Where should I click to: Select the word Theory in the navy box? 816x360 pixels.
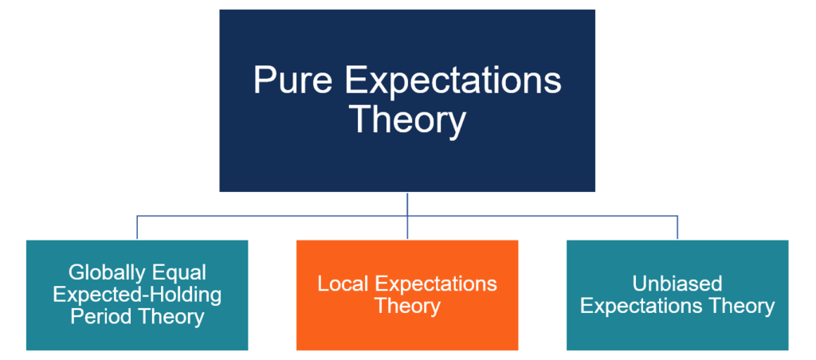407,119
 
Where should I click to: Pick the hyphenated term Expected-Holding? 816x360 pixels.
137,295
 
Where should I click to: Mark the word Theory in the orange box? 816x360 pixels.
407,306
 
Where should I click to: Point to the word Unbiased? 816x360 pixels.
677,284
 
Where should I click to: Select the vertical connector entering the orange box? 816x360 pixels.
407,228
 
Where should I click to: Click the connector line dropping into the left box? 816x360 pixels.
137,228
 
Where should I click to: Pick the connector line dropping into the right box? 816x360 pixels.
677,228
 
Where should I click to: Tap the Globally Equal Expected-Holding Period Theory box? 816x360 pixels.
137,338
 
